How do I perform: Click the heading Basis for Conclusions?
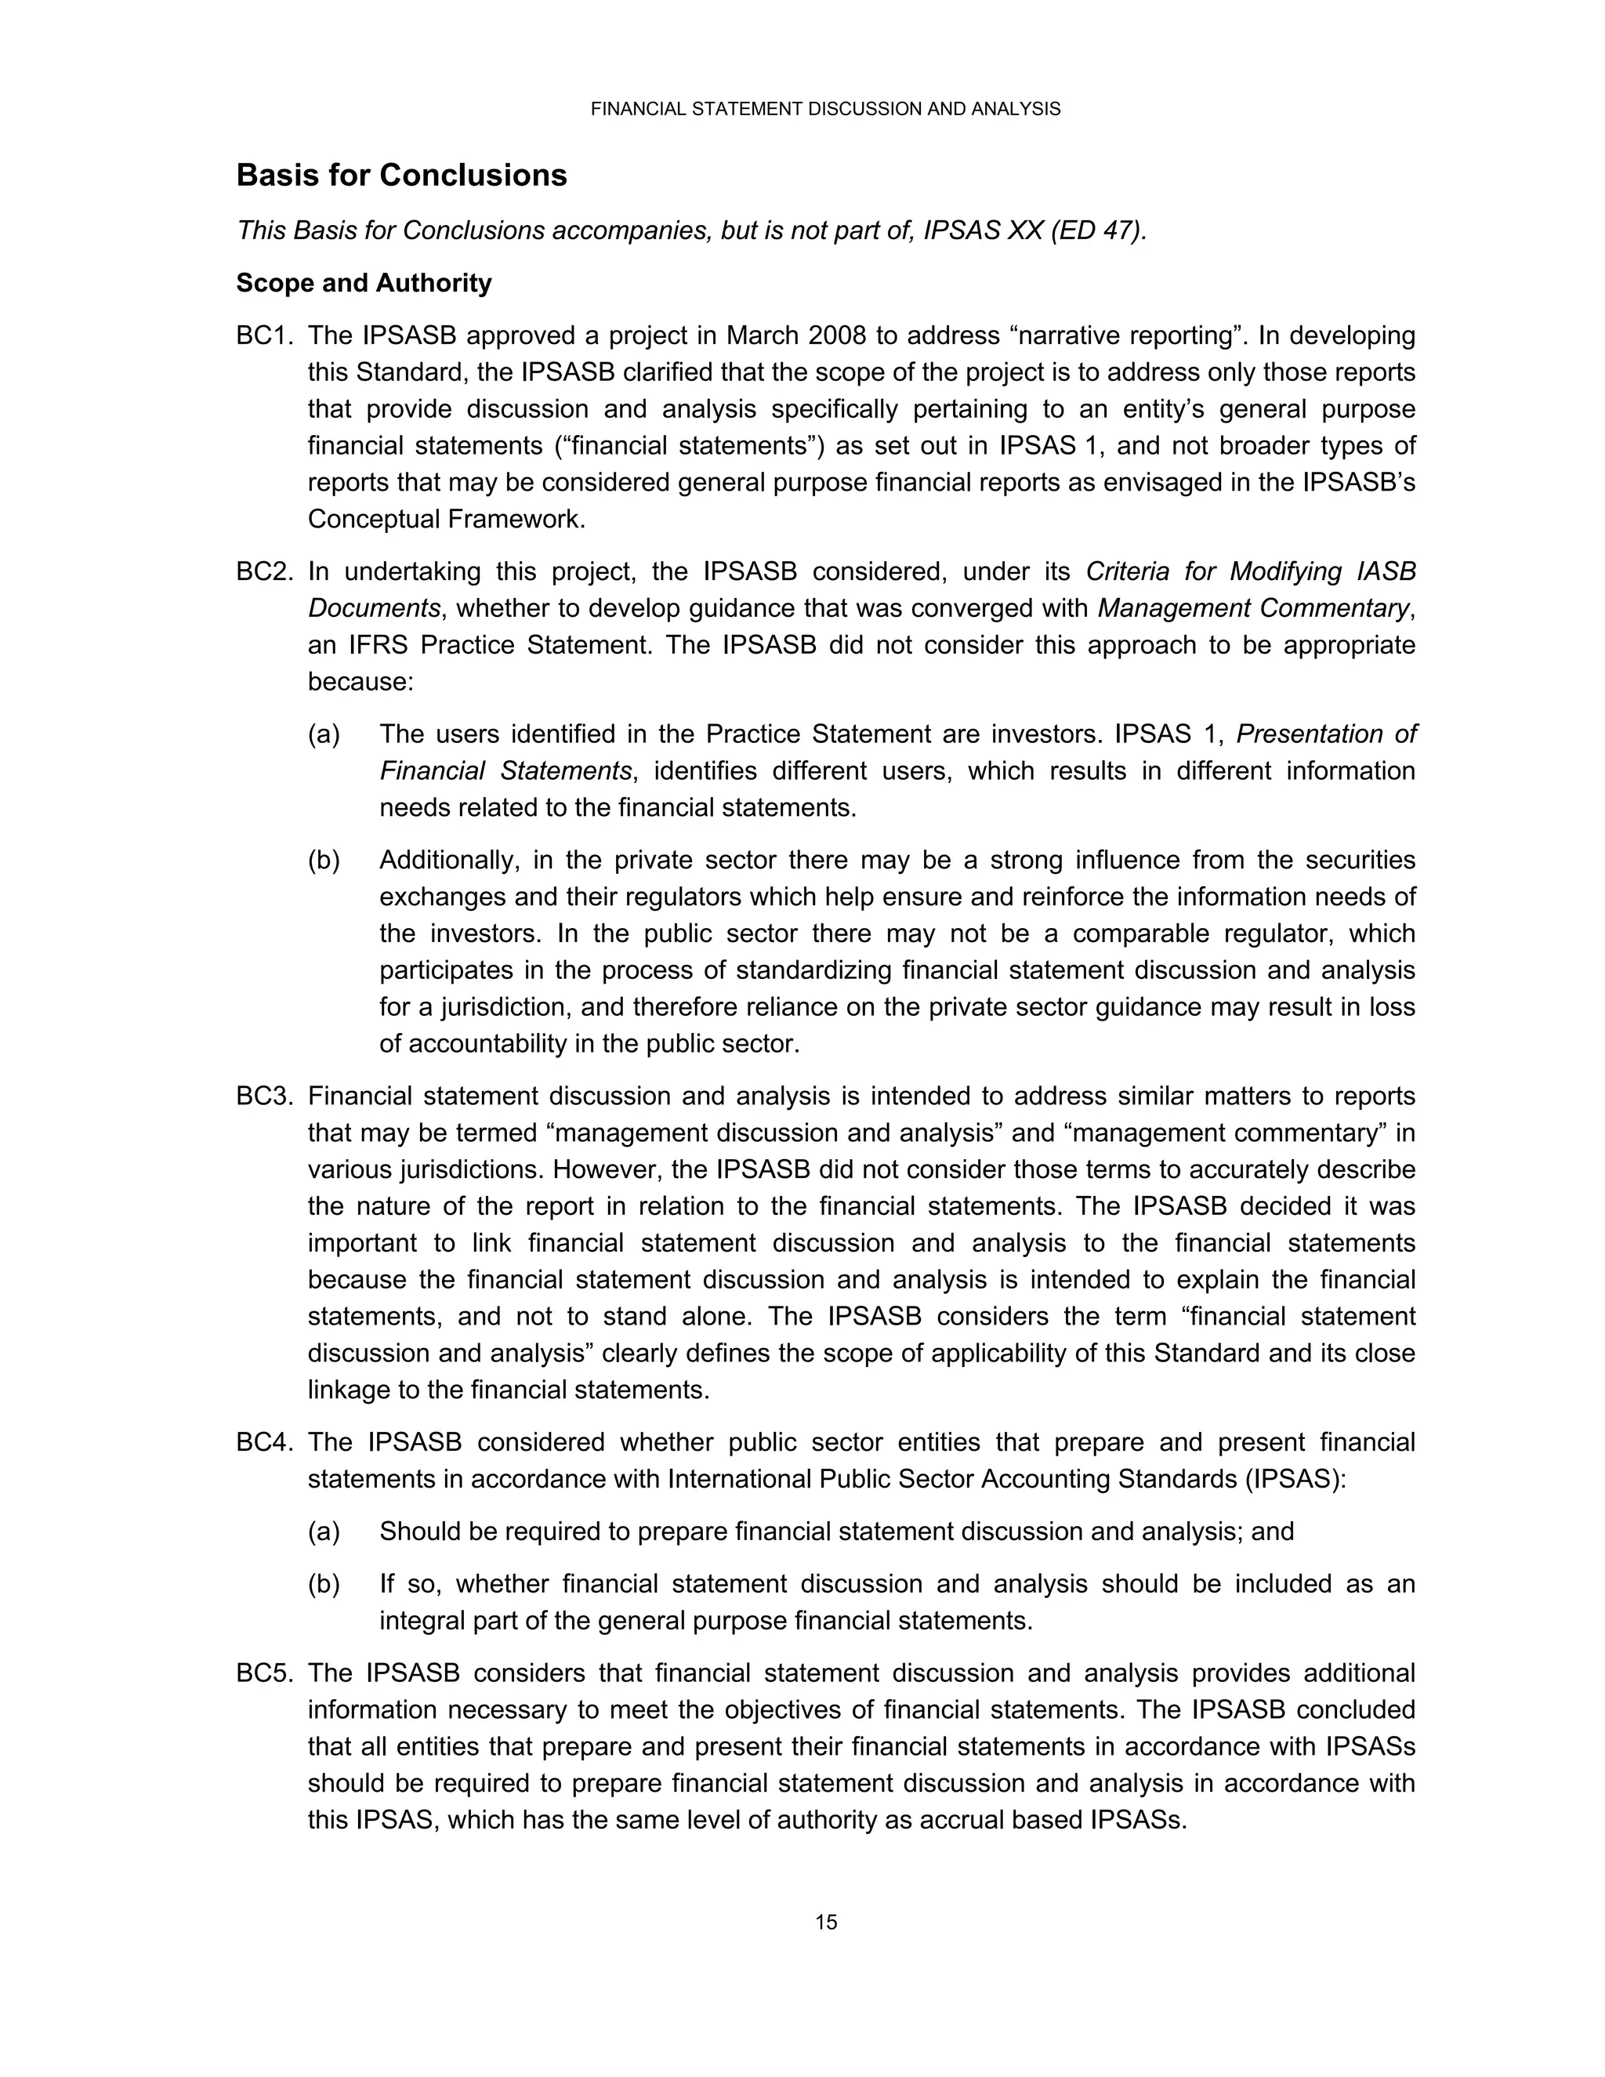pyautogui.click(x=401, y=176)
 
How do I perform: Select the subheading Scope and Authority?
pyautogui.click(x=364, y=284)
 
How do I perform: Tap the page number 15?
pyautogui.click(x=825, y=1922)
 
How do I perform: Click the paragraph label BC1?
pyautogui.click(x=263, y=335)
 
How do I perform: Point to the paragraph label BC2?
pyautogui.click(x=263, y=571)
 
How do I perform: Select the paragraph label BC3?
pyautogui.click(x=263, y=1096)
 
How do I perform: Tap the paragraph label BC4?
pyautogui.click(x=263, y=1443)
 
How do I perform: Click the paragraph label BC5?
pyautogui.click(x=263, y=1673)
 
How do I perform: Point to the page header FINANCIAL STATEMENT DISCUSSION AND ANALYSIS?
pyautogui.click(x=825, y=110)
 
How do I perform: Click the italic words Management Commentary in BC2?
pyautogui.click(x=1253, y=609)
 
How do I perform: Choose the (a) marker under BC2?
pyautogui.click(x=324, y=734)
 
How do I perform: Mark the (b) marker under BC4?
pyautogui.click(x=324, y=1584)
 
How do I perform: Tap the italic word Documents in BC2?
pyautogui.click(x=375, y=609)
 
